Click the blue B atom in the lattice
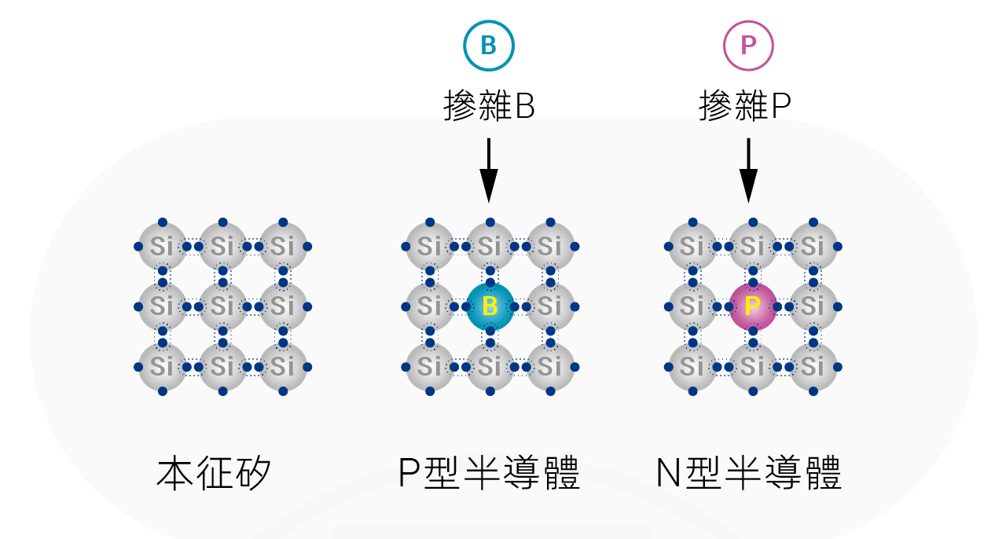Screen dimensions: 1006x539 (490, 306)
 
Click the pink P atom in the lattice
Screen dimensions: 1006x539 (753, 306)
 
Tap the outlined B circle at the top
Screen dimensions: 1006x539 (489, 46)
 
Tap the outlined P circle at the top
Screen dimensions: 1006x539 (748, 46)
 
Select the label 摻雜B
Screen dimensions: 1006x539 (489, 105)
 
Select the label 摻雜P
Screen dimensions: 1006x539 (745, 105)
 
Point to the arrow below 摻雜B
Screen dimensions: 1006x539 (489, 170)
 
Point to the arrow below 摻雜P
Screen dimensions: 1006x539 (748, 170)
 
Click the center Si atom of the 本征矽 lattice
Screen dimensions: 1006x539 (222, 306)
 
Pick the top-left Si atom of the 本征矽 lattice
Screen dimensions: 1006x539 (163, 246)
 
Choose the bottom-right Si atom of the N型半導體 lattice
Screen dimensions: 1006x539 (813, 367)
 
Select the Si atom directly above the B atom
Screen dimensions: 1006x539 (490, 246)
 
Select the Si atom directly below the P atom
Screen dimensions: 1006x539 (753, 367)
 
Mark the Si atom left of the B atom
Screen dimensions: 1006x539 (430, 306)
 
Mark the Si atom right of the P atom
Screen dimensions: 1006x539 (813, 306)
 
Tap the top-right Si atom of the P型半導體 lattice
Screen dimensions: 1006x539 (550, 246)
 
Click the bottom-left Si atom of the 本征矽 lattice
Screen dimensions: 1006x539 (163, 367)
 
